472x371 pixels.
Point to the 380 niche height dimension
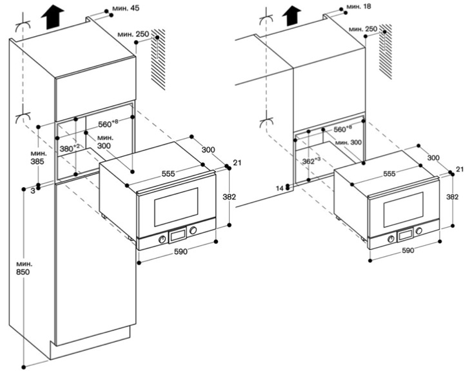[x=69, y=148]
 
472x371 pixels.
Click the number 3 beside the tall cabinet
[x=30, y=191]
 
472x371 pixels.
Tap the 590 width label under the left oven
[x=181, y=252]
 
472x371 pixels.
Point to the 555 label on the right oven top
[x=389, y=174]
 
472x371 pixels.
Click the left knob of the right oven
[x=391, y=237]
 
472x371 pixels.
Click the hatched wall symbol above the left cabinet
[x=158, y=62]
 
